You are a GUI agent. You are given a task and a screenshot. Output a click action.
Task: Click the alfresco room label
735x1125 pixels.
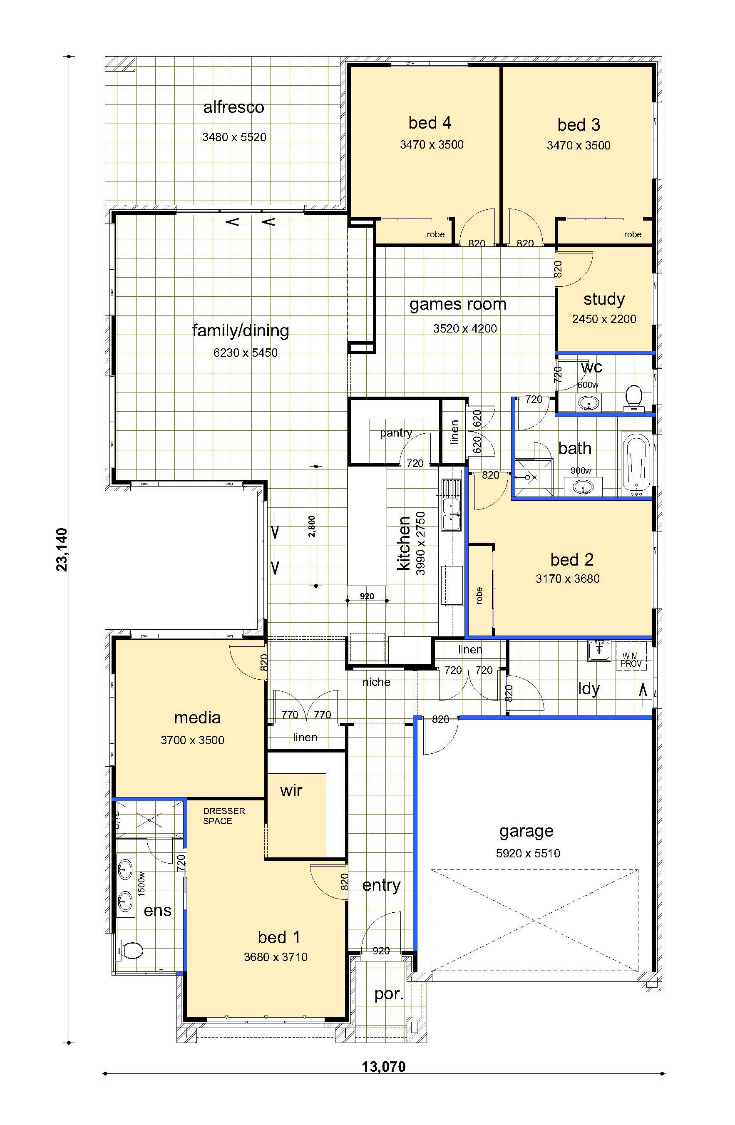pyautogui.click(x=233, y=107)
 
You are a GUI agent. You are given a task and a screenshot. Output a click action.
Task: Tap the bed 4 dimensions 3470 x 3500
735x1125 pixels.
pyautogui.click(x=432, y=145)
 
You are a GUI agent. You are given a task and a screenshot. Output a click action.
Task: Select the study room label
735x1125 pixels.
pyautogui.click(x=604, y=299)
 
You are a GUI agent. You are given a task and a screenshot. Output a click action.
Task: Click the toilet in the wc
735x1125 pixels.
pyautogui.click(x=633, y=396)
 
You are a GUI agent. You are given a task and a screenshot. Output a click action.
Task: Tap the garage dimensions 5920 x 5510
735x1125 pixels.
pyautogui.click(x=528, y=853)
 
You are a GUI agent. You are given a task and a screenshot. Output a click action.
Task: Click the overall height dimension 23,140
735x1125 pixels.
pyautogui.click(x=62, y=549)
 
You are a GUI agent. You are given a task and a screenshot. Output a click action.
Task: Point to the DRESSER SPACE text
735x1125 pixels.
pyautogui.click(x=224, y=816)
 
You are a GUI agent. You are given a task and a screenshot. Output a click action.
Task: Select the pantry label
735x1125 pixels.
pyautogui.click(x=396, y=433)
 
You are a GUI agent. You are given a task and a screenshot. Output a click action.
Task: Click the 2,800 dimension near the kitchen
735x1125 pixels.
pyautogui.click(x=311, y=526)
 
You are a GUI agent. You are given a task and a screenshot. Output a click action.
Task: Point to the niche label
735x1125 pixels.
pyautogui.click(x=376, y=682)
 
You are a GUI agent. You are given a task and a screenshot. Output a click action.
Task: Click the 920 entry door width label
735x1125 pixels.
pyautogui.click(x=381, y=951)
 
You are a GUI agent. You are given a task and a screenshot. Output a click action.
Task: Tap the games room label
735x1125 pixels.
pyautogui.click(x=457, y=304)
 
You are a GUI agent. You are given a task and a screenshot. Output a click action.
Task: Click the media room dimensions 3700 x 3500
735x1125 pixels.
pyautogui.click(x=192, y=740)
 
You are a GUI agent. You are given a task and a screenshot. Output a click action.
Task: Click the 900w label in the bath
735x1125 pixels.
pyautogui.click(x=581, y=470)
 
